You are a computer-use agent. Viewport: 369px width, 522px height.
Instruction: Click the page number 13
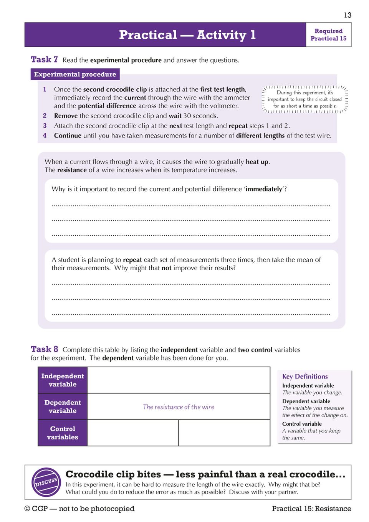click(347, 15)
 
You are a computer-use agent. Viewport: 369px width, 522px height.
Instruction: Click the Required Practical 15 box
click(328, 35)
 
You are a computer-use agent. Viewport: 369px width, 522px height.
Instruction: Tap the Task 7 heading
click(44, 59)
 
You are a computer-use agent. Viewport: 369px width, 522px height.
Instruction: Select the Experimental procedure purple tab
click(75, 74)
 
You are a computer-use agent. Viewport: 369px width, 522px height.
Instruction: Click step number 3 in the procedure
click(45, 126)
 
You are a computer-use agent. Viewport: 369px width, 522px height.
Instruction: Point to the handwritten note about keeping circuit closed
click(304, 99)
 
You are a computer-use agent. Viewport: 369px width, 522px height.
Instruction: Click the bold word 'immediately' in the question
click(264, 189)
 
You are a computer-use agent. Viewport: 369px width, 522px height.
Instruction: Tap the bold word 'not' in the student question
click(166, 268)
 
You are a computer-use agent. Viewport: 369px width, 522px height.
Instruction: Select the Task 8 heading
click(44, 349)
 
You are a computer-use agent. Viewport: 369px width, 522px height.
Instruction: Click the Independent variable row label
click(63, 380)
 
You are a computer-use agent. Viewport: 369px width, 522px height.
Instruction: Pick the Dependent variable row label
click(63, 406)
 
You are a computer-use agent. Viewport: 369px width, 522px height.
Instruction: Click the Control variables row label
click(63, 433)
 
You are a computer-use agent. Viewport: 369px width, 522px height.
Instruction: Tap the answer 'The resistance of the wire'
click(179, 407)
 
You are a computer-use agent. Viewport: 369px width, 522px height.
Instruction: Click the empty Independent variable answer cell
click(179, 380)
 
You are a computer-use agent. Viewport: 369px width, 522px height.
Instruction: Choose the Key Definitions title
click(305, 377)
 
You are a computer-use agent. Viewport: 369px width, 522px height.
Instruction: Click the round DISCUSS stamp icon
click(46, 482)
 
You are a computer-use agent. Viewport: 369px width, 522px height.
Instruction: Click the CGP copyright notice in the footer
click(79, 509)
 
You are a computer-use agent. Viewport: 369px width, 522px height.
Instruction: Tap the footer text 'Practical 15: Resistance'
click(311, 509)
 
